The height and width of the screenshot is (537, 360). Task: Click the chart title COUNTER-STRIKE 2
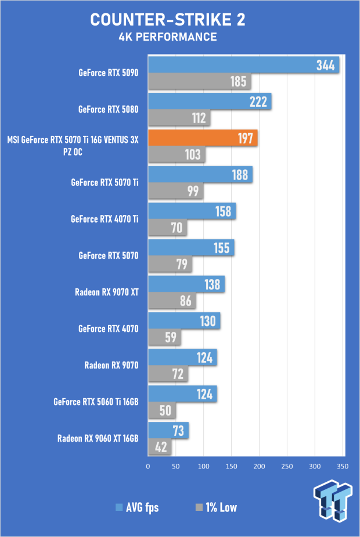tap(168, 20)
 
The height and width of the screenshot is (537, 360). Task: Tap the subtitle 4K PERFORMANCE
tap(168, 37)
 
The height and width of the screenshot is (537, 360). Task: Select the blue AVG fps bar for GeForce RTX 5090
tap(244, 65)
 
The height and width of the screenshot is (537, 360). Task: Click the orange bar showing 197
tap(203, 138)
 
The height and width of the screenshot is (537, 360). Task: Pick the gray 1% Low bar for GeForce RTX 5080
tap(179, 118)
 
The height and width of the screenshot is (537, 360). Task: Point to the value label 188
tap(240, 175)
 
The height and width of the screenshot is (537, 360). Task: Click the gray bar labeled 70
tap(168, 227)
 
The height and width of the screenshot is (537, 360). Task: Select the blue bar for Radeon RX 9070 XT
tap(186, 284)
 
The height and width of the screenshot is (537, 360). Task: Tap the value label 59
tap(170, 337)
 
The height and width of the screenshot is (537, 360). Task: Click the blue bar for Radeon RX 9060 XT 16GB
tap(168, 431)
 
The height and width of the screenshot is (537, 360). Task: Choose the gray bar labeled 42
tap(160, 447)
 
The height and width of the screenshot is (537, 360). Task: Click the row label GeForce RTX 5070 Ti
tap(105, 182)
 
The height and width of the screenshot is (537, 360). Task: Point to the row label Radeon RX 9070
tap(111, 365)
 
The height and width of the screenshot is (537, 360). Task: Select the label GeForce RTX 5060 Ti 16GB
tap(96, 402)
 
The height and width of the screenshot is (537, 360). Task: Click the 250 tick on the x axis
tap(287, 466)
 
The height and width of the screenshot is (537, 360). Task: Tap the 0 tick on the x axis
tap(148, 466)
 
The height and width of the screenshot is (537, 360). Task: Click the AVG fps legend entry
tap(137, 507)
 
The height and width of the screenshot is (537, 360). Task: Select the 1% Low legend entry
tap(216, 507)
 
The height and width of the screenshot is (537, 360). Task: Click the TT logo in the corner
tap(333, 500)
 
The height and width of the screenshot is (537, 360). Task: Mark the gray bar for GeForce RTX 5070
tap(170, 264)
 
